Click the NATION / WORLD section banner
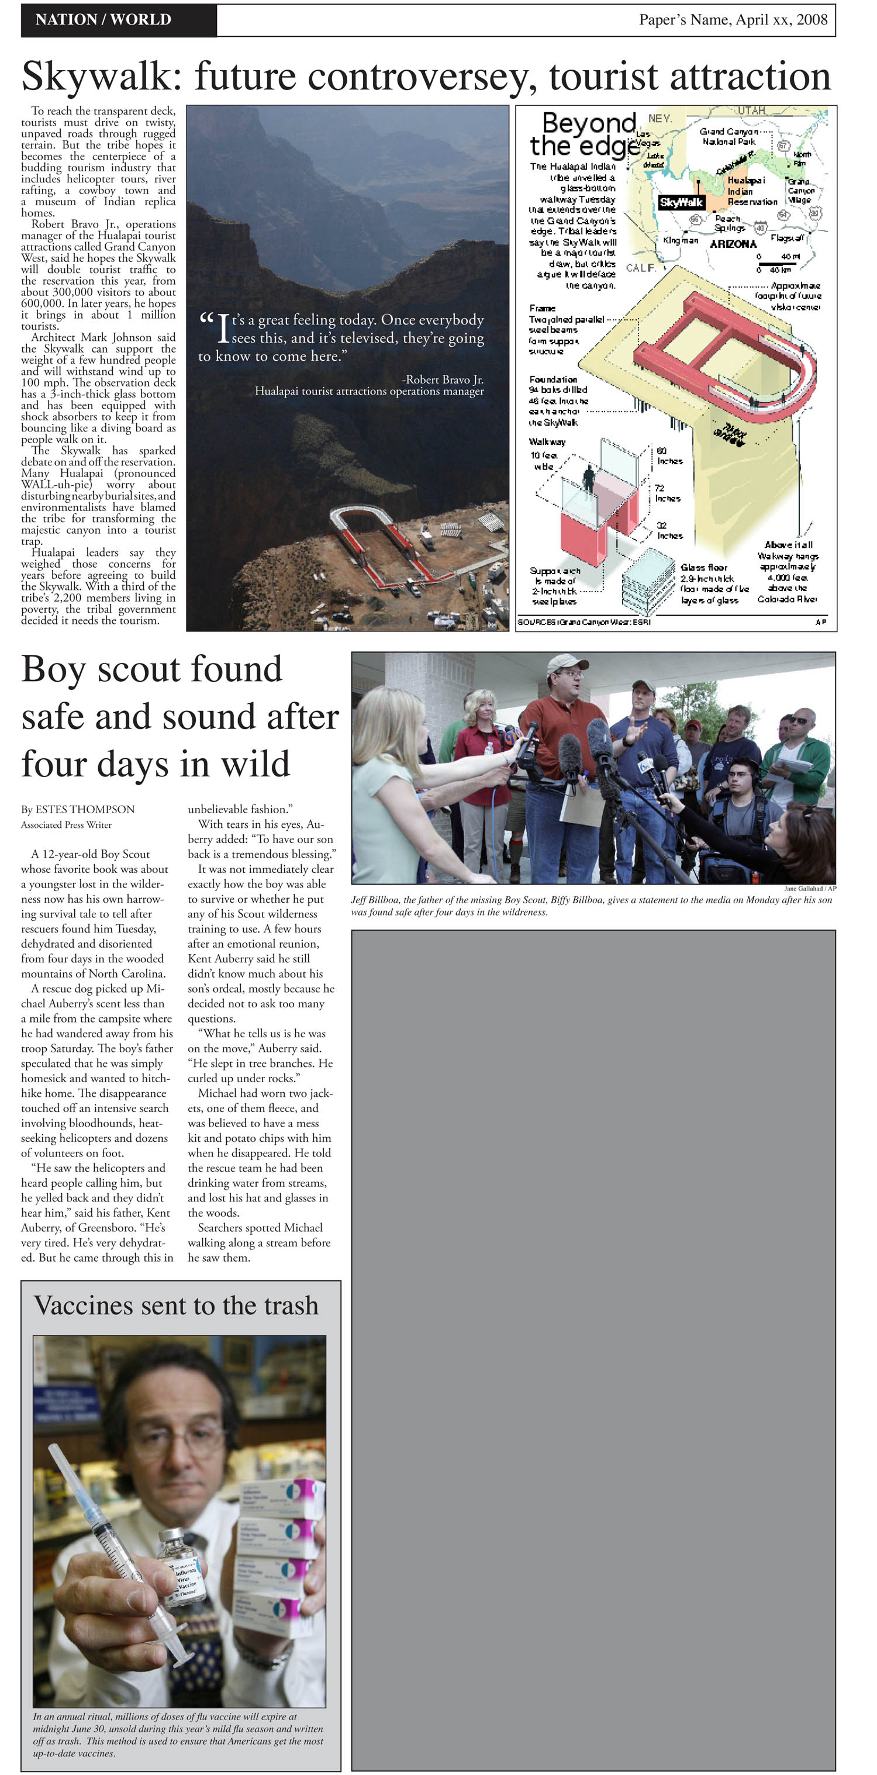pos(103,19)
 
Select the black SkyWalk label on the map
pos(681,202)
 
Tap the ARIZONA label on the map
pos(733,244)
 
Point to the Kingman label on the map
pos(680,240)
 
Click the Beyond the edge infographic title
pos(586,135)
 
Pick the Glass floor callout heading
pos(703,567)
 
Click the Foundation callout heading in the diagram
pos(553,379)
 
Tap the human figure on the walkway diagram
pos(589,478)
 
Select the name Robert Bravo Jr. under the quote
pos(444,379)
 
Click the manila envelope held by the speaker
pos(582,806)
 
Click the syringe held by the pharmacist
pos(117,1550)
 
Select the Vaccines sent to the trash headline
pos(177,1306)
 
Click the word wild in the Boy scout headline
pos(255,764)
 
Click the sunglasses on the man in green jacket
pos(799,721)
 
